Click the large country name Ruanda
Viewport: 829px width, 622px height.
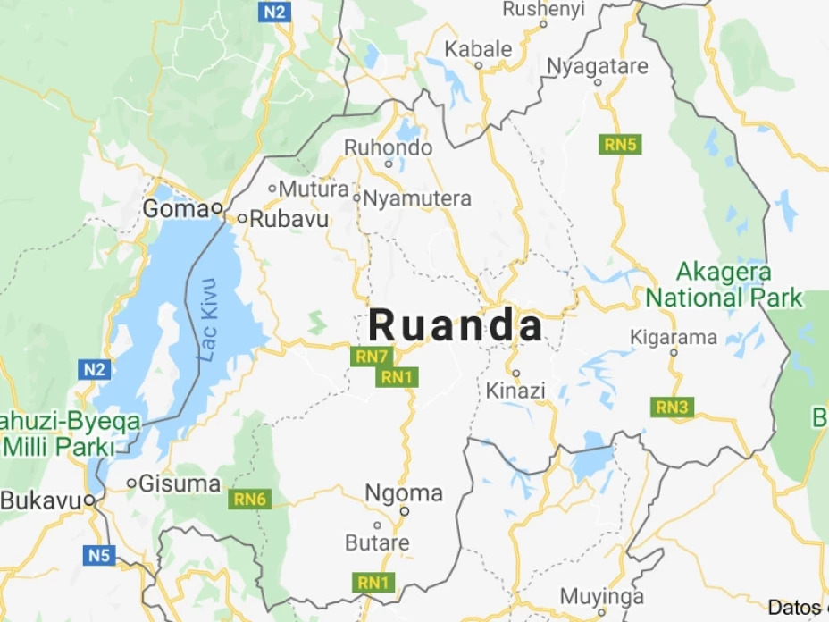coord(456,326)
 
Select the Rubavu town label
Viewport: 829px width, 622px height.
coord(289,218)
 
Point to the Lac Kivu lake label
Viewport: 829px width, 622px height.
coord(208,319)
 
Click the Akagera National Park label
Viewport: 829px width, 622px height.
coord(724,284)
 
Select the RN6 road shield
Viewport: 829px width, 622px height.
coord(249,499)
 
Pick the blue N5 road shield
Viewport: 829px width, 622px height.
coord(100,556)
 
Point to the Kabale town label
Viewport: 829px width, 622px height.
coord(479,48)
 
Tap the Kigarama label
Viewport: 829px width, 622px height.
coord(674,337)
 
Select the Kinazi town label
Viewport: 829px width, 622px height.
coord(515,391)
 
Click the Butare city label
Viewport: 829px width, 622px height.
coord(377,542)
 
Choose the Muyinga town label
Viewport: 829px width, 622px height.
coord(601,595)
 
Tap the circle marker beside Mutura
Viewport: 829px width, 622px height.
coord(272,188)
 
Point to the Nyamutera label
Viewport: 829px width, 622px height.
coord(416,198)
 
